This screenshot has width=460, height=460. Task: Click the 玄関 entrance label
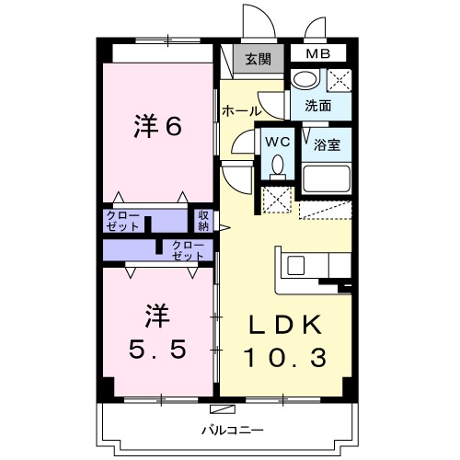click(259, 60)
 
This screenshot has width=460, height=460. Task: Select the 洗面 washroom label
click(318, 105)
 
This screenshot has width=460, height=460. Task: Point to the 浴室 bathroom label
click(328, 144)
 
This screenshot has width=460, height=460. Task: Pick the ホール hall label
click(240, 111)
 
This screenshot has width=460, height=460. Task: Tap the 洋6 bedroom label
click(157, 127)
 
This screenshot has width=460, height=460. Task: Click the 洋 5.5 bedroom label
click(157, 332)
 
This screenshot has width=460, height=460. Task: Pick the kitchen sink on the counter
click(295, 265)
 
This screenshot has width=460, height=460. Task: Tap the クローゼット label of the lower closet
click(188, 249)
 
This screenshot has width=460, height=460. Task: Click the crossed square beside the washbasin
click(337, 80)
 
